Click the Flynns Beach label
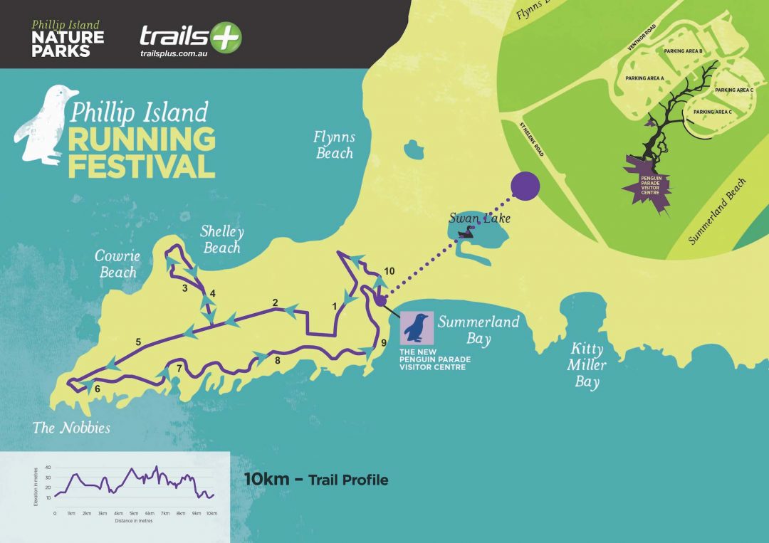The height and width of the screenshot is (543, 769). [x=333, y=144]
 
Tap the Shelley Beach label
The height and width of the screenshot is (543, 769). [x=221, y=239]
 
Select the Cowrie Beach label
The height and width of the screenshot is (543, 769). [x=118, y=263]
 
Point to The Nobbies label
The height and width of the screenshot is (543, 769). [x=71, y=427]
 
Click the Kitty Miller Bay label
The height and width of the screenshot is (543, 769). [x=587, y=366]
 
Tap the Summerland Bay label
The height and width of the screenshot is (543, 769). [x=478, y=330]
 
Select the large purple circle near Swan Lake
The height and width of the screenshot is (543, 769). [x=525, y=186]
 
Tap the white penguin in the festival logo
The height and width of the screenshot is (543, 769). [x=43, y=125]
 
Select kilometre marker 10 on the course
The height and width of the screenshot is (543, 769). [x=389, y=271]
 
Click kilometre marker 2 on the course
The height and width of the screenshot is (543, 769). [x=275, y=302]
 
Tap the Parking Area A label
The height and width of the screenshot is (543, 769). [x=644, y=78]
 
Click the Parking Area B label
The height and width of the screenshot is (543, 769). [x=683, y=51]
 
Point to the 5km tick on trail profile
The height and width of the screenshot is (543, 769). [x=133, y=512]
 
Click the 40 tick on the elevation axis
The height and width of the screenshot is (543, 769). [x=48, y=467]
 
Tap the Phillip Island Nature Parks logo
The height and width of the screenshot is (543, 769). [x=68, y=39]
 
